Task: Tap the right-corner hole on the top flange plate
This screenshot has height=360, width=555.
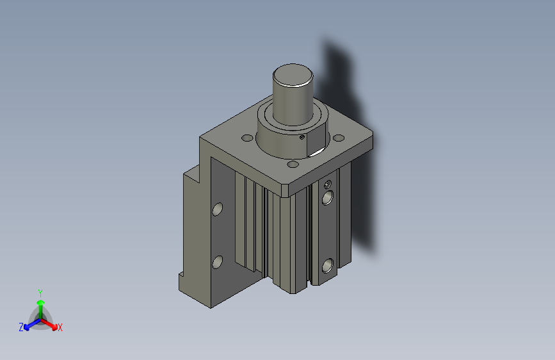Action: coord(339,137)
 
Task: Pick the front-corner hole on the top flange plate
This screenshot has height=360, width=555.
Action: coord(293,165)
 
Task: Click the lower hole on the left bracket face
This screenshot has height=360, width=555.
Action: coord(217,261)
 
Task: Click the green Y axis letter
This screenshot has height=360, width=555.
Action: coord(40,291)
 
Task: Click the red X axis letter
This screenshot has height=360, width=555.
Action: coord(60,328)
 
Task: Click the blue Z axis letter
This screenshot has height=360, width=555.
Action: coord(21,327)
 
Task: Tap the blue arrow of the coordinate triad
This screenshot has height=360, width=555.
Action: coord(29,324)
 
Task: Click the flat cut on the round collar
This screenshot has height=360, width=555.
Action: coord(316,149)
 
